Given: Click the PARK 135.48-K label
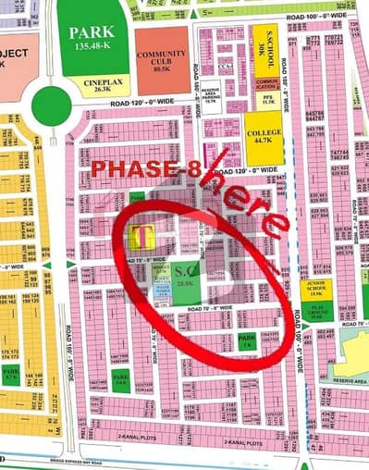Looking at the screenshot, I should [x=91, y=38].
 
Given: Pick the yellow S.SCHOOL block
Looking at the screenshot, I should [x=264, y=44].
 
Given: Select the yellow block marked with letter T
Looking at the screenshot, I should [x=142, y=237].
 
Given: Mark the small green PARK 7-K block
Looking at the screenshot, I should [x=246, y=341].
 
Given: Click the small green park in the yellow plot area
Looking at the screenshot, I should [x=12, y=374].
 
